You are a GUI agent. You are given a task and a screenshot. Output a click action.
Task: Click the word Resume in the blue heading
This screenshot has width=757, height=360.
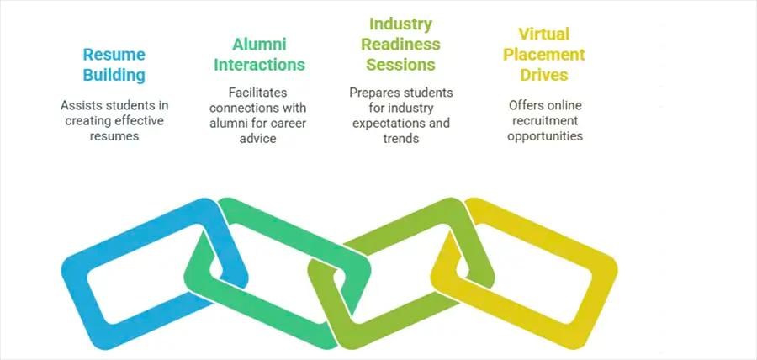pos(114,55)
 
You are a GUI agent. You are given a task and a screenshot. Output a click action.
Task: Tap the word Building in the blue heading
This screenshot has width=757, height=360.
pos(114,76)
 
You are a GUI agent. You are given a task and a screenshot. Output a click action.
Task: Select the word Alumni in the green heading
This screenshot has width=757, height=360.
pos(259,45)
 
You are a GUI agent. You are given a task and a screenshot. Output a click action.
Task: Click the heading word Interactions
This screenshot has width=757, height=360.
pos(259,65)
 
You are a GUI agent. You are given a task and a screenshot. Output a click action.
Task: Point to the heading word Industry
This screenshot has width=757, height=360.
pos(400,24)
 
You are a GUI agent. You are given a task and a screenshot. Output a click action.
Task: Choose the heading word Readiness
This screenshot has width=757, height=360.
pos(400,44)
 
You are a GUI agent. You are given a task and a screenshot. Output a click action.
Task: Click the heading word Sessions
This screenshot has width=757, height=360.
pos(400,65)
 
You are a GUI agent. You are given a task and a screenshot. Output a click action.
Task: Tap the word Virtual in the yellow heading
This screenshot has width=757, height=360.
pos(544,34)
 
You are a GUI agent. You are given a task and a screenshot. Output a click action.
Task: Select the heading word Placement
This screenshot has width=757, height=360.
pos(544,55)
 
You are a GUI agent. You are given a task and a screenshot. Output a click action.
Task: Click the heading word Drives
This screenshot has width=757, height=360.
pos(544,75)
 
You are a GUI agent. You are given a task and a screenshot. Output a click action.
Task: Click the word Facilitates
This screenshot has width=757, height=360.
pos(258,93)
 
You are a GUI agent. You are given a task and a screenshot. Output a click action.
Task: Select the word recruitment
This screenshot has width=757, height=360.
pos(545,120)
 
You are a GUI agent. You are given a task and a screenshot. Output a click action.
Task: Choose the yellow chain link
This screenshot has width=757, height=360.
pos(603,284)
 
